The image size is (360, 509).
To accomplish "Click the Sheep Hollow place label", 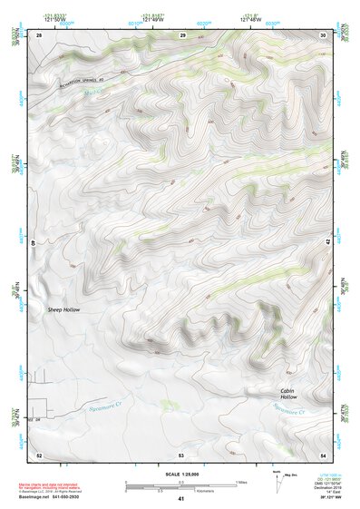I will (x=64, y=310).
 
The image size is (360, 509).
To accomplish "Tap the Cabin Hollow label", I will (x=287, y=394).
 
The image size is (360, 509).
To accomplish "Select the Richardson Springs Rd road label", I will (x=90, y=77).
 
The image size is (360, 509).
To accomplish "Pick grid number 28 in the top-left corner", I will (x=39, y=34).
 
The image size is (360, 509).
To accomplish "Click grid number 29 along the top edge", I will (x=182, y=34).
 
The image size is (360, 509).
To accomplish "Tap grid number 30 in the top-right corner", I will (x=323, y=34).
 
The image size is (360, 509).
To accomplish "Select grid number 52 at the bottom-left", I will (x=39, y=454).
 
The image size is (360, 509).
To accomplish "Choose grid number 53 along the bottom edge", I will (x=181, y=454).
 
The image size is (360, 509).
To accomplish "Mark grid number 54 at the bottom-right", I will (x=323, y=454).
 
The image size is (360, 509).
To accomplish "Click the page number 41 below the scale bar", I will (x=180, y=499).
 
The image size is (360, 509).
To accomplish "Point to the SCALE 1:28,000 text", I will (x=180, y=475).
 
